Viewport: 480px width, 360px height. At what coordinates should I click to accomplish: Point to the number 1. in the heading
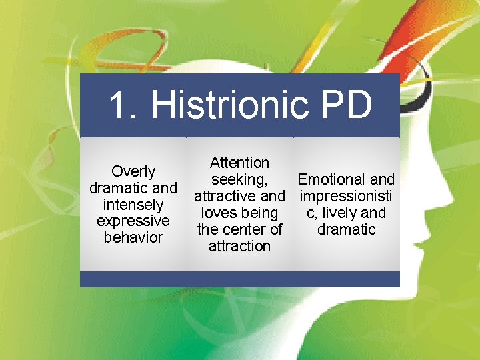(x=123, y=105)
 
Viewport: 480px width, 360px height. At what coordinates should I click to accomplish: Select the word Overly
(x=133, y=172)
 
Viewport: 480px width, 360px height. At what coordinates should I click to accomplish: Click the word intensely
(x=133, y=205)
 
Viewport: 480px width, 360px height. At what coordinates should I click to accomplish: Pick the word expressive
(x=133, y=221)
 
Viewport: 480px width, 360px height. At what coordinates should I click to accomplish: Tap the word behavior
(x=133, y=237)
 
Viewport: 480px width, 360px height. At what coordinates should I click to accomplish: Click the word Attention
(x=239, y=163)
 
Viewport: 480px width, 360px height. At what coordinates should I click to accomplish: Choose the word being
(x=260, y=213)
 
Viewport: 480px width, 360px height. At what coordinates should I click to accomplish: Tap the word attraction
(x=239, y=247)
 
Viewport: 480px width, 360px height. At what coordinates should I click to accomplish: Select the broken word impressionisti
(x=346, y=197)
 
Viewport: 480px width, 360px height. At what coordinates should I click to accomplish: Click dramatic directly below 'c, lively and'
(x=346, y=230)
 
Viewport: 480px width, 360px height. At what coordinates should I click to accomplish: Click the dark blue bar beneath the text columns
(x=239, y=279)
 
